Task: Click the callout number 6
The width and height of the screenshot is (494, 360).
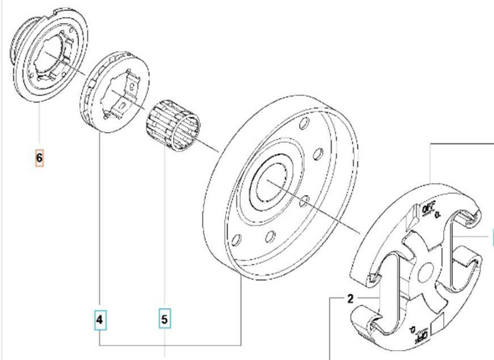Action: [x=39, y=159]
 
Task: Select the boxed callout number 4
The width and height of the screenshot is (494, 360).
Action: [x=101, y=320]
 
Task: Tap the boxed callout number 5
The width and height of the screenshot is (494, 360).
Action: [x=165, y=320]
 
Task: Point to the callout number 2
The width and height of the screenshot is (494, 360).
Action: [x=350, y=298]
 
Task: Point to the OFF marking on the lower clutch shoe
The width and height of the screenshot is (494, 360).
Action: [x=416, y=332]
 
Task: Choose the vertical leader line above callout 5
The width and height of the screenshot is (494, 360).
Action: [x=165, y=228]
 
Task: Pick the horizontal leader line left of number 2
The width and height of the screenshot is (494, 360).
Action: [x=337, y=298]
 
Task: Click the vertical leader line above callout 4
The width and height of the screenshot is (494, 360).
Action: [x=101, y=228]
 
